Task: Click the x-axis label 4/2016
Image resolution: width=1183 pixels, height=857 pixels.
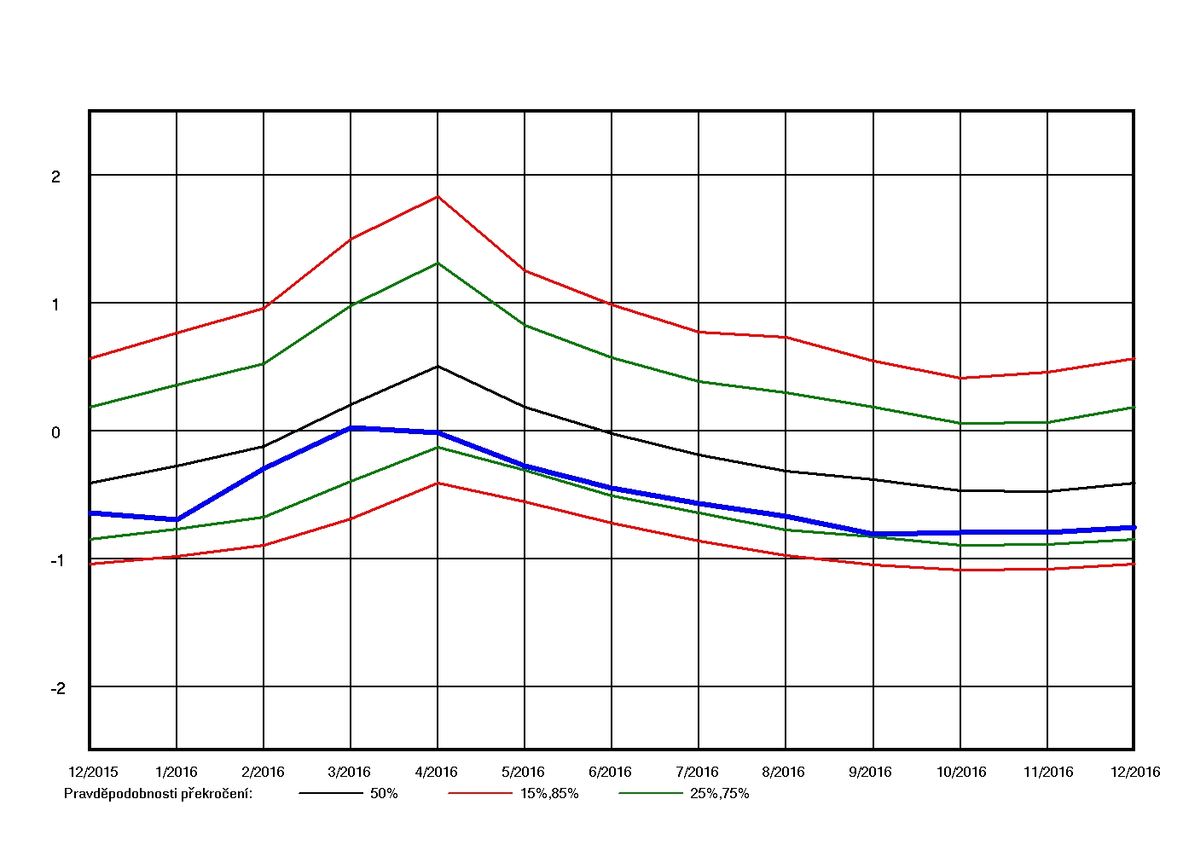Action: click(436, 772)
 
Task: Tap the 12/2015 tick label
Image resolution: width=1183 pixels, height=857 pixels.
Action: click(93, 772)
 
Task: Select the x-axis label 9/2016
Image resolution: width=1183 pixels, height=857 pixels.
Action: click(870, 772)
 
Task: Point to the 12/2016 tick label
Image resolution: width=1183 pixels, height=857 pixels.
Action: click(1134, 772)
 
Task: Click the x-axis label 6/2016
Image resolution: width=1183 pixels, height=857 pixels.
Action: click(610, 772)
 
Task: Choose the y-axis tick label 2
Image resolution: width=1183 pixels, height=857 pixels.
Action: click(56, 177)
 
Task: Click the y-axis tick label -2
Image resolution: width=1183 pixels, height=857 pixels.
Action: click(58, 688)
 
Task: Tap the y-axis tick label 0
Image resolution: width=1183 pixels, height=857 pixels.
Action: click(56, 432)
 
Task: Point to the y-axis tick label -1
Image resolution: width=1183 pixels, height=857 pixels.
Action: click(58, 560)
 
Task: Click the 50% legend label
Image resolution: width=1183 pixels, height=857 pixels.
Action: click(384, 793)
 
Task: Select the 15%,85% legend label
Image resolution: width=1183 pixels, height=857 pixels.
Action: click(549, 793)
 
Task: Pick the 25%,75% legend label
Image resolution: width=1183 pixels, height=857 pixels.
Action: click(720, 793)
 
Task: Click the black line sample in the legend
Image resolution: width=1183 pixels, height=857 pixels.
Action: click(331, 793)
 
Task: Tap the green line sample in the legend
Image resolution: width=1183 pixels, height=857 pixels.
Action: click(651, 793)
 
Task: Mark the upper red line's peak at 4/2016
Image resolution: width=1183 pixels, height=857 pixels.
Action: click(438, 197)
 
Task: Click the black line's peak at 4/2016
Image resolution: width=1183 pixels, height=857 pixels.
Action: click(438, 367)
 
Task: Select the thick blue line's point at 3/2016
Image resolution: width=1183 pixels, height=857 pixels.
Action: click(351, 427)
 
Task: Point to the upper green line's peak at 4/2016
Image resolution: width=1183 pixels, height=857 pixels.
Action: click(438, 263)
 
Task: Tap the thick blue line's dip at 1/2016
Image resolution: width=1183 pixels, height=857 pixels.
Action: click(177, 519)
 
